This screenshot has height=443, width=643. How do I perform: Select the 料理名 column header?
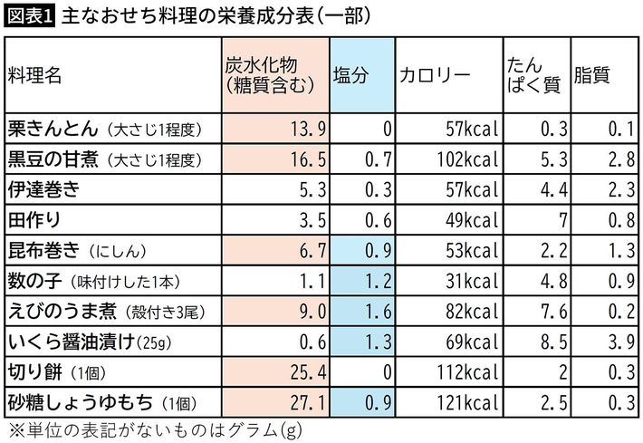[x=34, y=76]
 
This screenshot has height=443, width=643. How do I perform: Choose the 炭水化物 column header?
[x=272, y=76]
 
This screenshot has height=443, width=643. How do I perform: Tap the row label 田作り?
[x=35, y=220]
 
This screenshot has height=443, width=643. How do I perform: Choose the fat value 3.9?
[x=617, y=342]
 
